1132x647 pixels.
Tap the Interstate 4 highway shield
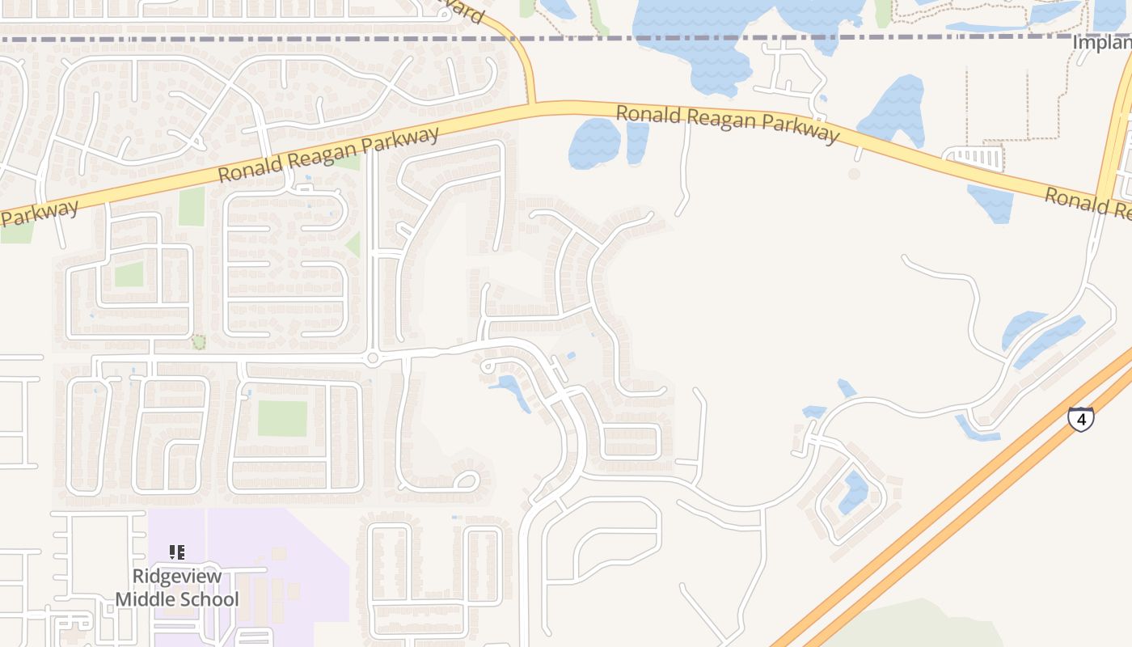click(x=1080, y=418)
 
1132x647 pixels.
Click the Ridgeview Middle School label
click(x=177, y=588)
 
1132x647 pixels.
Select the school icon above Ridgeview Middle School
click(x=177, y=552)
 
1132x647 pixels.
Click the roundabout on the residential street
click(x=373, y=357)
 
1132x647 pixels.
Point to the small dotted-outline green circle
click(x=199, y=342)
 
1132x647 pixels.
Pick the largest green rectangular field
click(x=282, y=418)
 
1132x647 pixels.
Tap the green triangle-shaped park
click(x=353, y=243)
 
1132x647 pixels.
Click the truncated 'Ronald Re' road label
click(x=1088, y=203)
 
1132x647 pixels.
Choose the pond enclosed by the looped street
click(x=852, y=493)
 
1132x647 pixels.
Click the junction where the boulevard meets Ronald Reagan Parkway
click(x=530, y=104)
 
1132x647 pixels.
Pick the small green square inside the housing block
click(x=129, y=274)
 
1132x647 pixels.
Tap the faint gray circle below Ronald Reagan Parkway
click(x=854, y=173)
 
